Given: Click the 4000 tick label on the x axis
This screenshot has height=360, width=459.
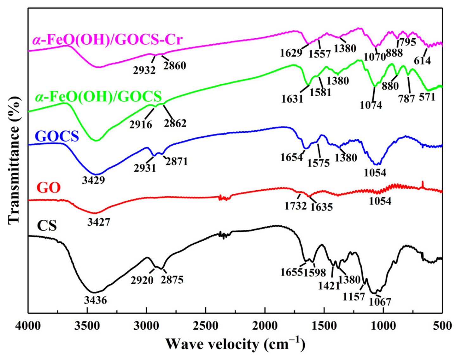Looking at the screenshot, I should point(28,325).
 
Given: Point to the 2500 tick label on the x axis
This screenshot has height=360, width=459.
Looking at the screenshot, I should point(206,325).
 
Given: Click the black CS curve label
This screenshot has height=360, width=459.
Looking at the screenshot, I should point(47,226).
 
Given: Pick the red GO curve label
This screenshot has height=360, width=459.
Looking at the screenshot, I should point(48,188).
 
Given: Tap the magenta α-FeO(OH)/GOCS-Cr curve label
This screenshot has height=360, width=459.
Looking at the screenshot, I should point(108,40).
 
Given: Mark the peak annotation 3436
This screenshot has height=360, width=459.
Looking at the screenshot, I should point(95,300).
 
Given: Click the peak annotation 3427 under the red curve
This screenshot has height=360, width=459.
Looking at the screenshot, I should point(99,222).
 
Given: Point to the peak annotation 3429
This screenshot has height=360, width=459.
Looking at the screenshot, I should point(93,180).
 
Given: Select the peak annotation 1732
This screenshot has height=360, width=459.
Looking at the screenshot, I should point(296,206).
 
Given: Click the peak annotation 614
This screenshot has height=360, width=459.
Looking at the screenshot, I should point(423,60).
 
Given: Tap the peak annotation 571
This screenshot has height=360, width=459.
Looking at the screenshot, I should point(427,97).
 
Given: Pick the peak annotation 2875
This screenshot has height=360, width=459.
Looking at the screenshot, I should point(172,280).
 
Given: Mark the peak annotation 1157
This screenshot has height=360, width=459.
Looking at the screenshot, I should point(354,297).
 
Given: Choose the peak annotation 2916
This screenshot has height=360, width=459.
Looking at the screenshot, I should point(141,124).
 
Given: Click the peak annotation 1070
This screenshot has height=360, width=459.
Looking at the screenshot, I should point(375,57).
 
